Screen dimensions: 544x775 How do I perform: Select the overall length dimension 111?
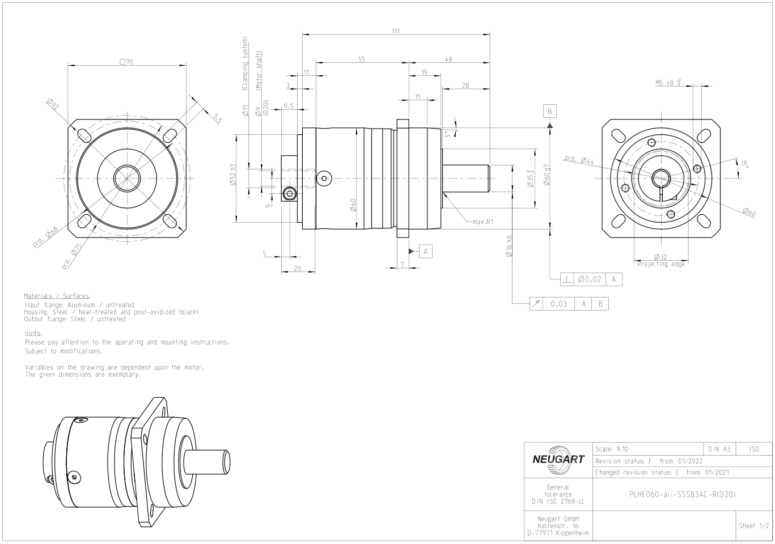[395, 31]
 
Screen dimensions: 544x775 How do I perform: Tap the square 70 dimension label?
[126, 62]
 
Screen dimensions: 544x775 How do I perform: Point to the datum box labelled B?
[549, 110]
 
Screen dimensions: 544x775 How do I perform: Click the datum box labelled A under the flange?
[426, 251]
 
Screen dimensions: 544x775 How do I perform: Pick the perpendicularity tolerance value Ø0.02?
[589, 279]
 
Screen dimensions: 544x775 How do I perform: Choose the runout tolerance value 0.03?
[558, 304]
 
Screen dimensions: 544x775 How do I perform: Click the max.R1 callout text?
[483, 222]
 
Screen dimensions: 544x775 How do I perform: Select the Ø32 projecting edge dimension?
[660, 257]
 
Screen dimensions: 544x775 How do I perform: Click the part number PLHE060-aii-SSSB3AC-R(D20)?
[682, 494]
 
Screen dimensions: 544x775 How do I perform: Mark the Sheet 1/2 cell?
[754, 526]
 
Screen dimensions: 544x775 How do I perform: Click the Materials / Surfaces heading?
[57, 296]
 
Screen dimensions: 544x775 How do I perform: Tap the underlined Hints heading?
[33, 334]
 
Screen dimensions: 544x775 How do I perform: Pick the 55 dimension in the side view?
[361, 59]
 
